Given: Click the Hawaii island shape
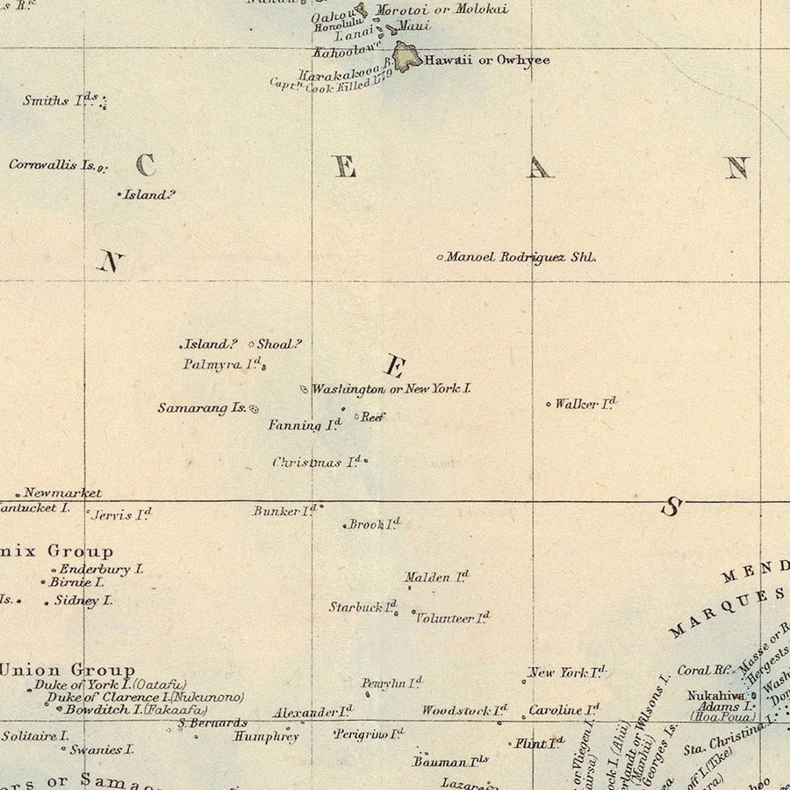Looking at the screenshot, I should (406, 57).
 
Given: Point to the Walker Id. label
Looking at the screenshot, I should (585, 404).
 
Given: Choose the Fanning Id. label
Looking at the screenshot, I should (304, 425).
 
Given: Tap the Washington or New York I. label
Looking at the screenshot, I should (391, 388).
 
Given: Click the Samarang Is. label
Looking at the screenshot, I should (202, 407).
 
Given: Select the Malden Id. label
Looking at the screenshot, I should (436, 578).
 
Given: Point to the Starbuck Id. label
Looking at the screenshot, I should (363, 607).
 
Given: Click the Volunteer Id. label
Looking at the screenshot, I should (452, 618).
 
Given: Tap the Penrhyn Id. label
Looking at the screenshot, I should (391, 683).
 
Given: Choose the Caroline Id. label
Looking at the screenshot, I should (564, 709).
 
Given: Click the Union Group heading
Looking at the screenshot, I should (68, 670).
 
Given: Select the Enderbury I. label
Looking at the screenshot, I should (101, 569).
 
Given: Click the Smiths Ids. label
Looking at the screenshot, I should (60, 100).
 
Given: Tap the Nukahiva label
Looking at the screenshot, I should (715, 694).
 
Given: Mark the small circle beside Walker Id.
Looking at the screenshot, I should (549, 405).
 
